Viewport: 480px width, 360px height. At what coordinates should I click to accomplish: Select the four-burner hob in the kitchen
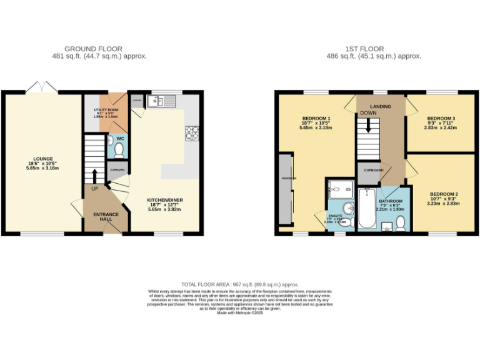(191, 132)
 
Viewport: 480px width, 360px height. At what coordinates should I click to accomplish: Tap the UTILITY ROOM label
(105, 109)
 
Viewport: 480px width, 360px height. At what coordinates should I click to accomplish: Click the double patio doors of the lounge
(42, 87)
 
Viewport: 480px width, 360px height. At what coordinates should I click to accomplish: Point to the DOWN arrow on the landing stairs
(369, 124)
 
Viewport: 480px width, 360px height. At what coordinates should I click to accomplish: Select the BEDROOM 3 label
(441, 118)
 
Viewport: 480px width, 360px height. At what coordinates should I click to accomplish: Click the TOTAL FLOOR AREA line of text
(240, 284)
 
